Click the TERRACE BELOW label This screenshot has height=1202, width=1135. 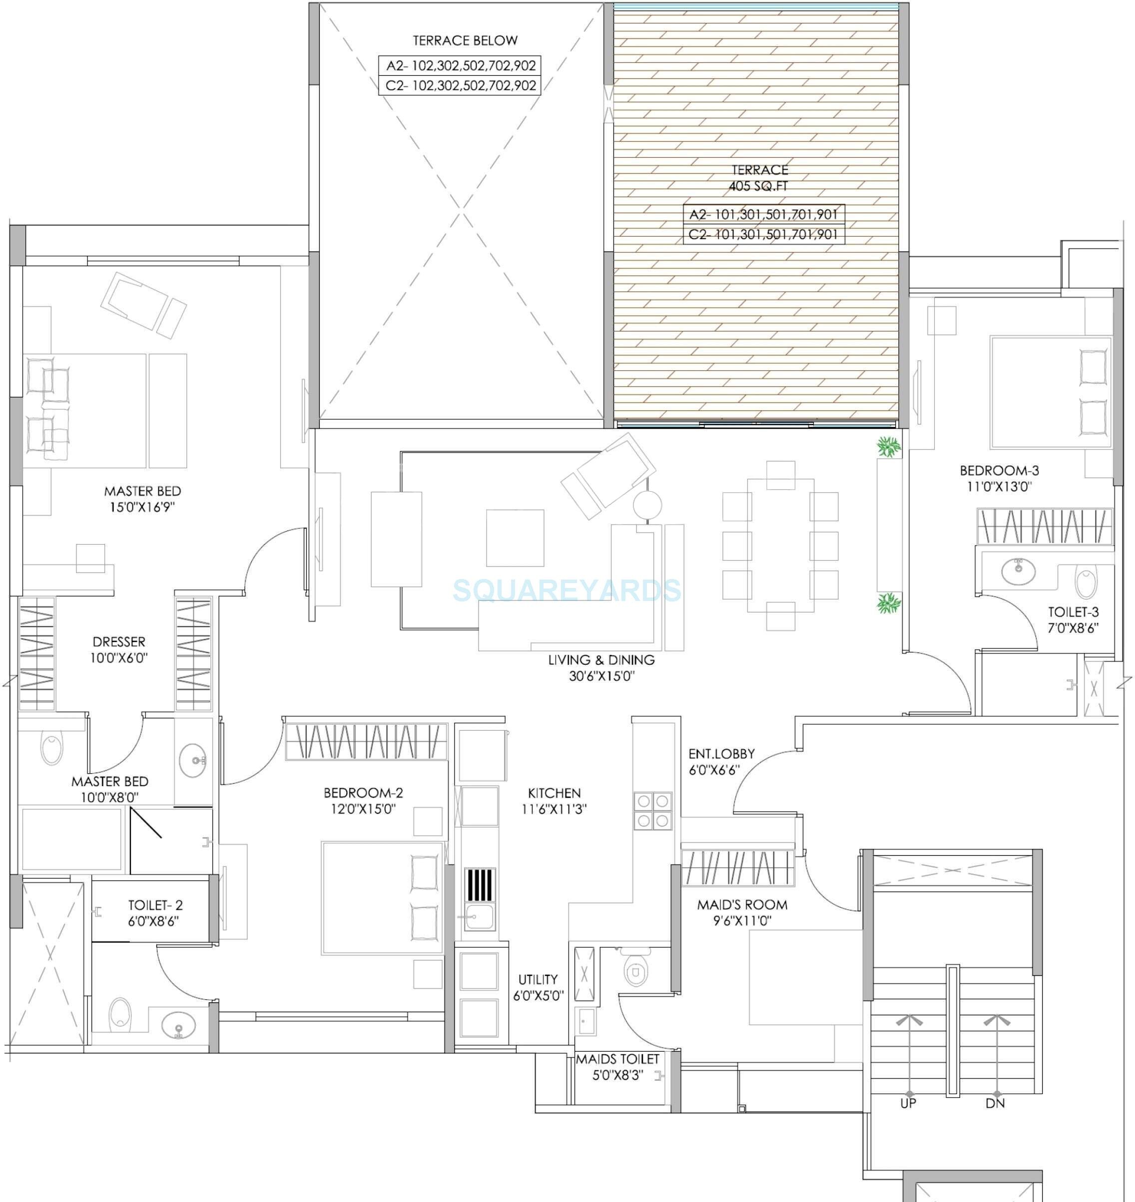[465, 40]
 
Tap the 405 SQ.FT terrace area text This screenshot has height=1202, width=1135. [759, 186]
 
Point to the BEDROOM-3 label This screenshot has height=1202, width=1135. [999, 470]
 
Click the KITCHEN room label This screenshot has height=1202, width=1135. [554, 793]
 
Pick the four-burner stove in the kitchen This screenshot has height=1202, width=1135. [653, 811]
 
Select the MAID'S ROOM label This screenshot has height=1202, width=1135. [742, 904]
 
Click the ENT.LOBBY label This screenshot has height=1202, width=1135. [721, 754]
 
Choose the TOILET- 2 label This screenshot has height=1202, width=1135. [155, 905]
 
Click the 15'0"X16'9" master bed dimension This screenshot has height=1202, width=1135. [142, 507]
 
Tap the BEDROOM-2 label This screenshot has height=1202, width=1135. [363, 793]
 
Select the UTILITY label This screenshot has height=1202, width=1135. [538, 979]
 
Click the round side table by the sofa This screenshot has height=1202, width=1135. [647, 504]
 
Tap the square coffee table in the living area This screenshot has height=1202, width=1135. [515, 538]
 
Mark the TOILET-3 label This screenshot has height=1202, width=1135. [1073, 612]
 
